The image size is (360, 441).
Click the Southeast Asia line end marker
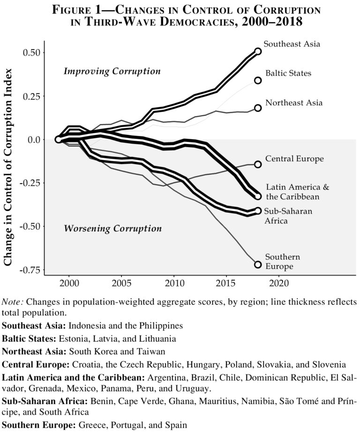coord(258,52)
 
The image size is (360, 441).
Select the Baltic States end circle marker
coord(258,81)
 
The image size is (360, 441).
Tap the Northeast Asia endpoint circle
coord(258,108)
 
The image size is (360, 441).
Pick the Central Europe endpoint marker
coord(258,164)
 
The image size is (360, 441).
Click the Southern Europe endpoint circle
coord(258,264)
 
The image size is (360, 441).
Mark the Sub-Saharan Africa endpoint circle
coord(258,211)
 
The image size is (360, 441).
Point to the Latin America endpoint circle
coord(258,196)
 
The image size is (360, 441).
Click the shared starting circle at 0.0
coord(58,139)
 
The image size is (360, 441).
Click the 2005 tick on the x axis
coord(122,284)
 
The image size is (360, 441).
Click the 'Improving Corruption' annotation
coord(112,72)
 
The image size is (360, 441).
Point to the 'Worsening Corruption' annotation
coord(112,229)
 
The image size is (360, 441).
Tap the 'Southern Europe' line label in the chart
coord(282,262)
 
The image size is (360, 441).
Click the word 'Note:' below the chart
coord(13,302)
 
